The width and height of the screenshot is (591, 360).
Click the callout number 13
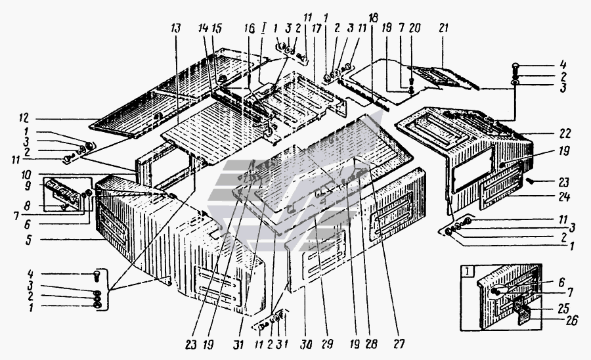point(175,29)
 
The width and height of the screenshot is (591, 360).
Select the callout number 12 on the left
point(24,118)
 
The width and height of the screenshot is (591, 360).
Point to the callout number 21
point(443,28)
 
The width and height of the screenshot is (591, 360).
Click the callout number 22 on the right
point(565,133)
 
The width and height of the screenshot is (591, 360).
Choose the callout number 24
point(564,196)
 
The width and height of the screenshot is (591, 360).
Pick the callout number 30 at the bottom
point(306,344)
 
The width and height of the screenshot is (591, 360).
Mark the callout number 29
point(327,344)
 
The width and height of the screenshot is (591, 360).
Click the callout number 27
point(399,344)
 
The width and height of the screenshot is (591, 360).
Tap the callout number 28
point(371,344)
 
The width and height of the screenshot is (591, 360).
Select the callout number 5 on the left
point(29,240)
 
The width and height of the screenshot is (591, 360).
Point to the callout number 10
point(26,175)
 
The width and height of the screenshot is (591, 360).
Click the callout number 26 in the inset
point(572,321)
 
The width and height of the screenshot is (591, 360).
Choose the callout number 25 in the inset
point(563,308)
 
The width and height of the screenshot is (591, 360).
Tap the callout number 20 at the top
point(414,28)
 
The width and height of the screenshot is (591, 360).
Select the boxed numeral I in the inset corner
point(468,271)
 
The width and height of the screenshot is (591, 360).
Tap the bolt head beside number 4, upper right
point(515,67)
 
